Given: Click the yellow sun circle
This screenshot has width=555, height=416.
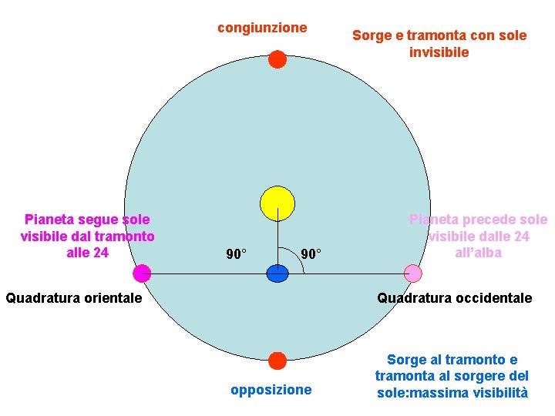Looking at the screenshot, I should tap(277, 203).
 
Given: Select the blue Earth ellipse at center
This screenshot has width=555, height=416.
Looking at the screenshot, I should tap(277, 273).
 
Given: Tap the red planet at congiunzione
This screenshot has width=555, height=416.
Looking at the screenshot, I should tap(277, 59).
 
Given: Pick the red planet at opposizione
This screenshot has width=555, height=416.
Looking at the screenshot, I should tap(277, 360).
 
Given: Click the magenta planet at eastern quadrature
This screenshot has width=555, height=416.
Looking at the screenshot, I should tap(141, 273).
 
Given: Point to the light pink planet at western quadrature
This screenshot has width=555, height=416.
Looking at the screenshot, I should tap(413, 273).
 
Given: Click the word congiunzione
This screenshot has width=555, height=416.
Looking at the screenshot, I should tap(262, 28).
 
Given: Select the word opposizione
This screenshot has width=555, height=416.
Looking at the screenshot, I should tap(271, 390).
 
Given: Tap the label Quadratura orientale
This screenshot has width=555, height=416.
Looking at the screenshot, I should tap(74, 297).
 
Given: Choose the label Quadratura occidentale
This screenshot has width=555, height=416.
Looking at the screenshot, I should tap(454, 297).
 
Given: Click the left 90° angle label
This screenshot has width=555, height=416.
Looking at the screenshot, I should tap(236, 253).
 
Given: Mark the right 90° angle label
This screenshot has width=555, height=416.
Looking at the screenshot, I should tap(311, 253).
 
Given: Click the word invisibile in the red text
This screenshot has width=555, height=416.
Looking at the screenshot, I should tap(439, 52).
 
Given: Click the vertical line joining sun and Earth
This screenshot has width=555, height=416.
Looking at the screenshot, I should tap(277, 243).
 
